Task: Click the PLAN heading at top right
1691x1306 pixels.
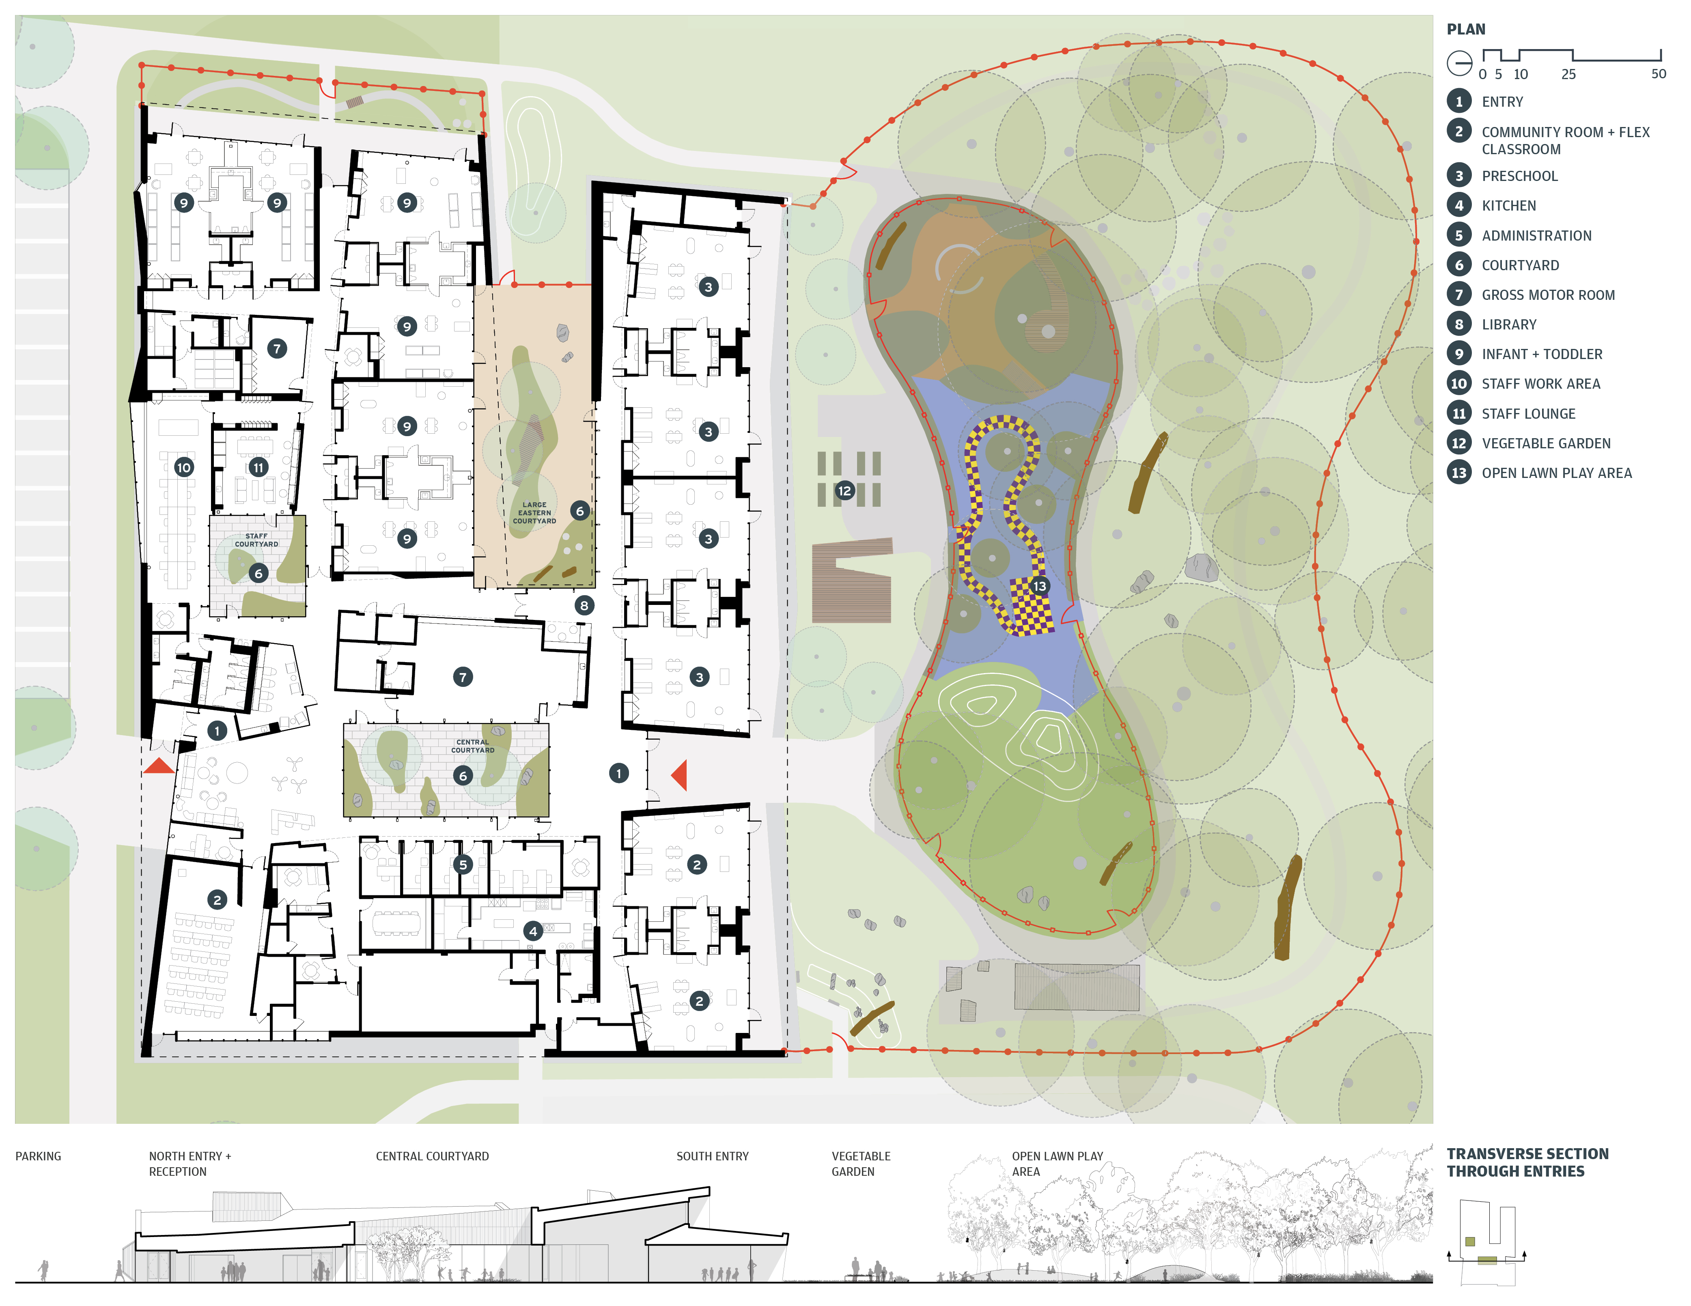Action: coord(1466,30)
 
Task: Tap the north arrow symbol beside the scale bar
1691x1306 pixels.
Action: coord(1460,63)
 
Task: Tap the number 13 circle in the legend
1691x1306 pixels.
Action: coord(1459,473)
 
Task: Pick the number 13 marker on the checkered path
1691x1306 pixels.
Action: coord(1039,586)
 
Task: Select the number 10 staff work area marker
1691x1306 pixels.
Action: coord(183,468)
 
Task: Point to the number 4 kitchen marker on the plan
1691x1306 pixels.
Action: coord(533,931)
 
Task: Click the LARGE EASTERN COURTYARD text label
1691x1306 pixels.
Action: coord(534,512)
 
